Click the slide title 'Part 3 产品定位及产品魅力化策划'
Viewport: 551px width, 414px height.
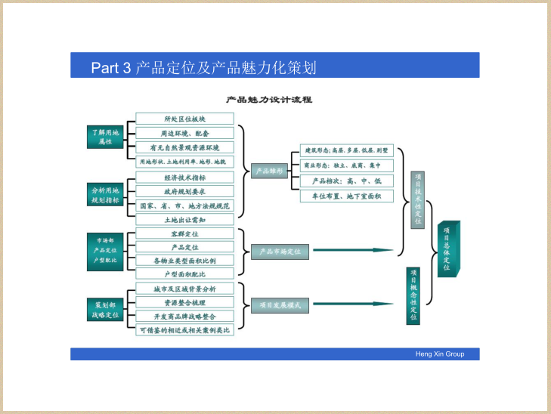click(x=203, y=68)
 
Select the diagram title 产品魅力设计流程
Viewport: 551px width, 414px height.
click(x=270, y=100)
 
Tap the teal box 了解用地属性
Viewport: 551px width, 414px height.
click(x=104, y=137)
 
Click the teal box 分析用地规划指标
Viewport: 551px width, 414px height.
click(x=104, y=195)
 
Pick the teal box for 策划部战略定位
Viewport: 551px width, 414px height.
click(x=104, y=309)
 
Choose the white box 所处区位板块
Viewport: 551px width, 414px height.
click(x=184, y=119)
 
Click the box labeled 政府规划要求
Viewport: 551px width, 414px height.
click(x=184, y=192)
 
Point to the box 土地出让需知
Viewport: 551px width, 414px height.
click(x=184, y=220)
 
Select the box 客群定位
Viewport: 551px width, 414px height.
click(x=184, y=234)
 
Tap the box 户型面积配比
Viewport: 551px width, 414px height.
click(x=184, y=274)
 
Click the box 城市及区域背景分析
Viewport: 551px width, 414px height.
click(x=184, y=289)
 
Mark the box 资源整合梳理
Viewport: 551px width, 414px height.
click(x=184, y=302)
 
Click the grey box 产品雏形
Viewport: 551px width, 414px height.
click(x=270, y=171)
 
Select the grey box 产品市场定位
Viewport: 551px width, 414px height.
click(x=280, y=251)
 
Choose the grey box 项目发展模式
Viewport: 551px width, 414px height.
click(x=280, y=306)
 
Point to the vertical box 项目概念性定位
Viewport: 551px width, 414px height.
click(x=413, y=295)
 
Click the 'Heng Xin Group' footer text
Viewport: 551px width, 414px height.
click(x=440, y=354)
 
